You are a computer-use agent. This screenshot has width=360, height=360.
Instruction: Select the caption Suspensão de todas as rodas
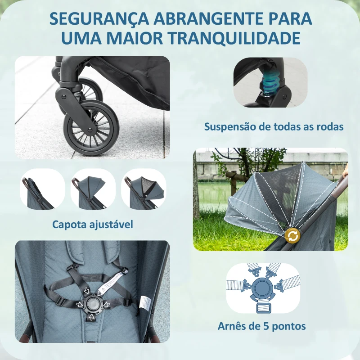(x=274, y=126)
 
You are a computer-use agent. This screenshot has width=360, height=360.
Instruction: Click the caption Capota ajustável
(x=93, y=224)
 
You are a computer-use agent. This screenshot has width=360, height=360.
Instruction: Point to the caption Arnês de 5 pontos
(x=261, y=326)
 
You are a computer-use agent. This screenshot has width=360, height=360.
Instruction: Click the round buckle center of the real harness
(x=93, y=303)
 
